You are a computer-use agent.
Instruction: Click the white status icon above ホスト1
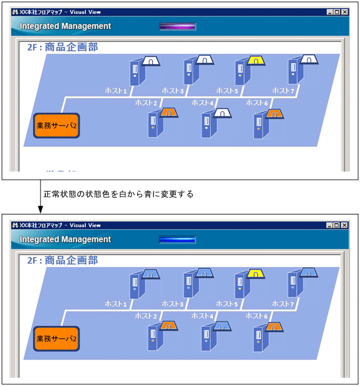pyautogui.click(x=150, y=61)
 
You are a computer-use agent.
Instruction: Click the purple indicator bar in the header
pyautogui.click(x=178, y=26)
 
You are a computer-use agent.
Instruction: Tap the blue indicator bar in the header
pyautogui.click(x=178, y=239)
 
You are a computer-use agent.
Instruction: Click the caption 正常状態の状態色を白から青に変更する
pyautogui.click(x=118, y=194)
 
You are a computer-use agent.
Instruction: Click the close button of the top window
pyautogui.click(x=344, y=12)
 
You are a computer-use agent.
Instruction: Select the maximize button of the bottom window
pyautogui.click(x=336, y=225)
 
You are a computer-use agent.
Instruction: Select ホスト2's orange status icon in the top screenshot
pyautogui.click(x=169, y=113)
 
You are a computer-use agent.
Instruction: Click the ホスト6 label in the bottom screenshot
pyautogui.click(x=257, y=315)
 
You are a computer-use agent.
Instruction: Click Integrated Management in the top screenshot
pyautogui.click(x=65, y=26)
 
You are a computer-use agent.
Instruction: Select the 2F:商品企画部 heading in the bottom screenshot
pyautogui.click(x=62, y=260)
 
